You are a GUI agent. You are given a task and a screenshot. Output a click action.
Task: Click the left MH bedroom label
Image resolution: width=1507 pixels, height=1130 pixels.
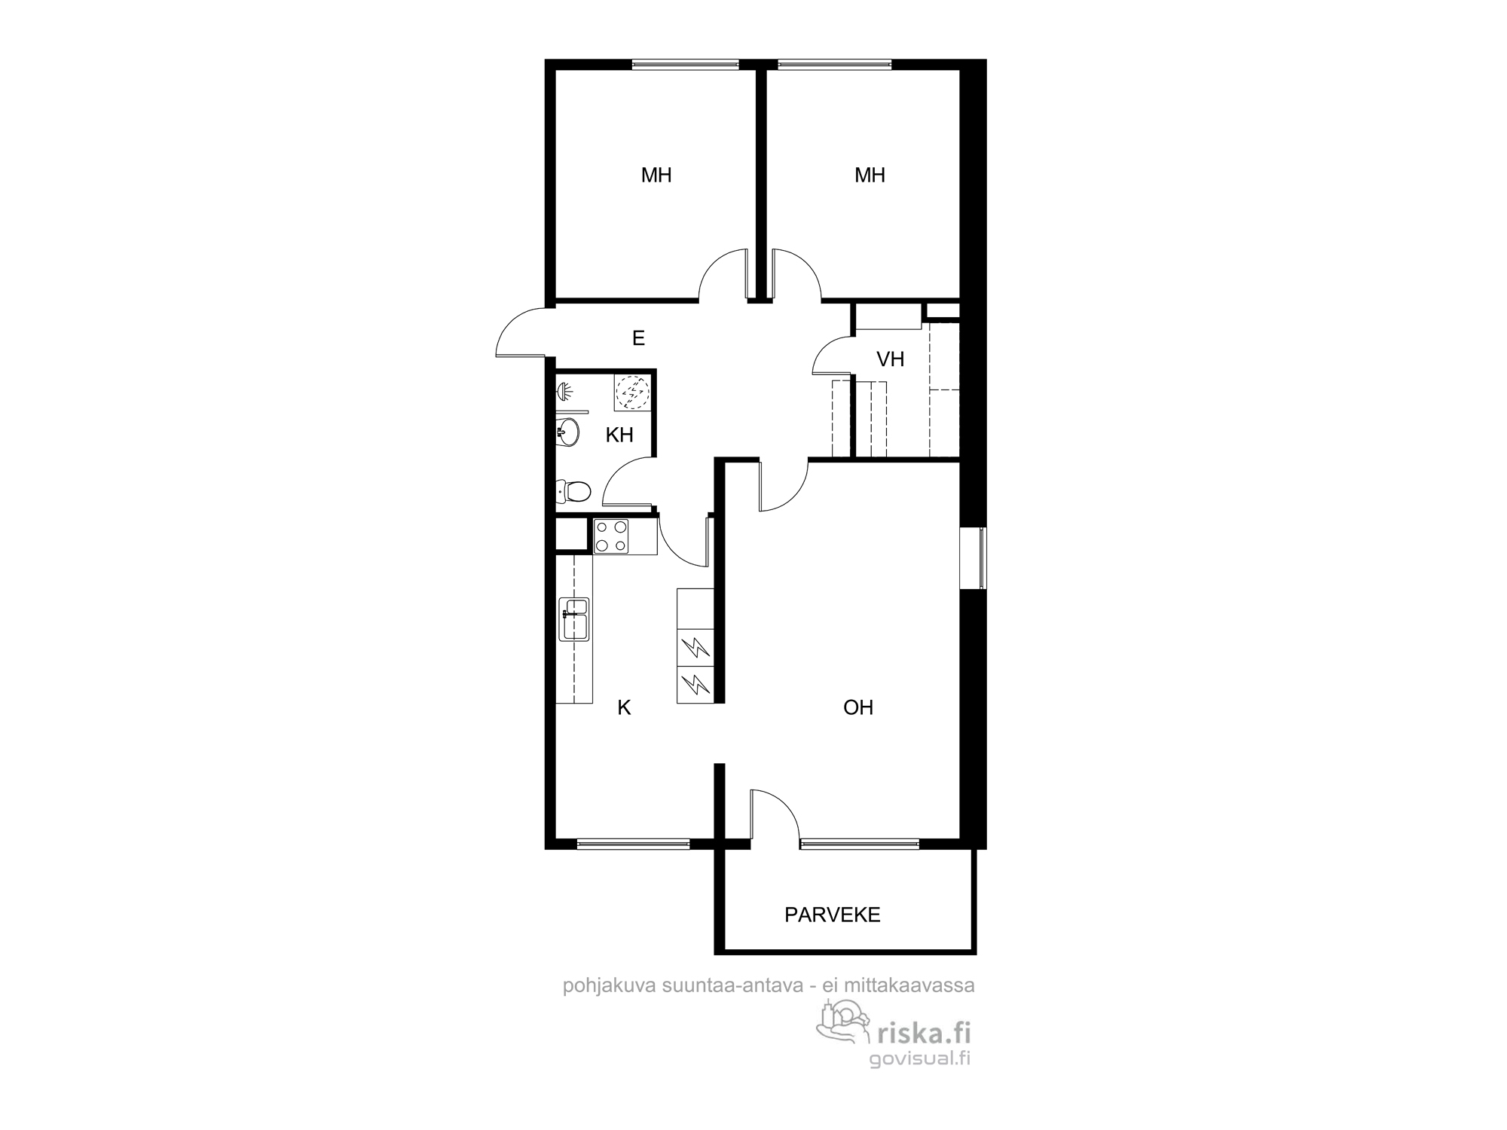[656, 176]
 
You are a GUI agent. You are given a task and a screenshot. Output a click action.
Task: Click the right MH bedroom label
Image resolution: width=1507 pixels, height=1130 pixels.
[870, 176]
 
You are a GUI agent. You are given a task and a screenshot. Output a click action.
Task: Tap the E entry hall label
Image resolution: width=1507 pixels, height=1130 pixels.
[638, 338]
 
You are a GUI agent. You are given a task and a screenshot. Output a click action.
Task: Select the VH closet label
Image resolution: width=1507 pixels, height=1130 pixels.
[890, 359]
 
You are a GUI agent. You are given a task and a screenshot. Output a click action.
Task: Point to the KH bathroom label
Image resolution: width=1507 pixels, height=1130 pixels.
[619, 435]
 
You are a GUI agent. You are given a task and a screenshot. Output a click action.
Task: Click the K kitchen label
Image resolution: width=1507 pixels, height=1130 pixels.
[624, 707]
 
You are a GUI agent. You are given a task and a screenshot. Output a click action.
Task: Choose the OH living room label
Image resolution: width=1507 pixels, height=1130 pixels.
[858, 707]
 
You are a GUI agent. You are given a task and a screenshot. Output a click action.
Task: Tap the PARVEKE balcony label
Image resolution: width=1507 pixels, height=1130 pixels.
[832, 915]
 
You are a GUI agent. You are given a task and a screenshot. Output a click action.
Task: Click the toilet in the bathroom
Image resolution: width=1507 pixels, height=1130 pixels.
[573, 492]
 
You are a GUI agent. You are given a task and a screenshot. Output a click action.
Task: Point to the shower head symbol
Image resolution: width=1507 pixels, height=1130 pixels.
[565, 391]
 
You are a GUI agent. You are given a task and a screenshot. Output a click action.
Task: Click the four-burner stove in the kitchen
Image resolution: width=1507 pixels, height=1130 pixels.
[611, 536]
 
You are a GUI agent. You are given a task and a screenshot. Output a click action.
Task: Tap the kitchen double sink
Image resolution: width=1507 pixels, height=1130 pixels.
[573, 618]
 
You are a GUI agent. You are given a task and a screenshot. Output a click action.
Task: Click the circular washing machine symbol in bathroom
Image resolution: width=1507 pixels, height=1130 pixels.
[632, 392]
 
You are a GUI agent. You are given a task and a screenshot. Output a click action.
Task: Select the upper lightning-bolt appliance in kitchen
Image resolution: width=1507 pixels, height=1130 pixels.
[695, 648]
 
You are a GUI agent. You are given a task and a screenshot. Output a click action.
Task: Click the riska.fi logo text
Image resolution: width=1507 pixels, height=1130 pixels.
[923, 1033]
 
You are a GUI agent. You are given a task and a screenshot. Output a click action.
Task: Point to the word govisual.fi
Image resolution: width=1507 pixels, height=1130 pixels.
[919, 1058]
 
